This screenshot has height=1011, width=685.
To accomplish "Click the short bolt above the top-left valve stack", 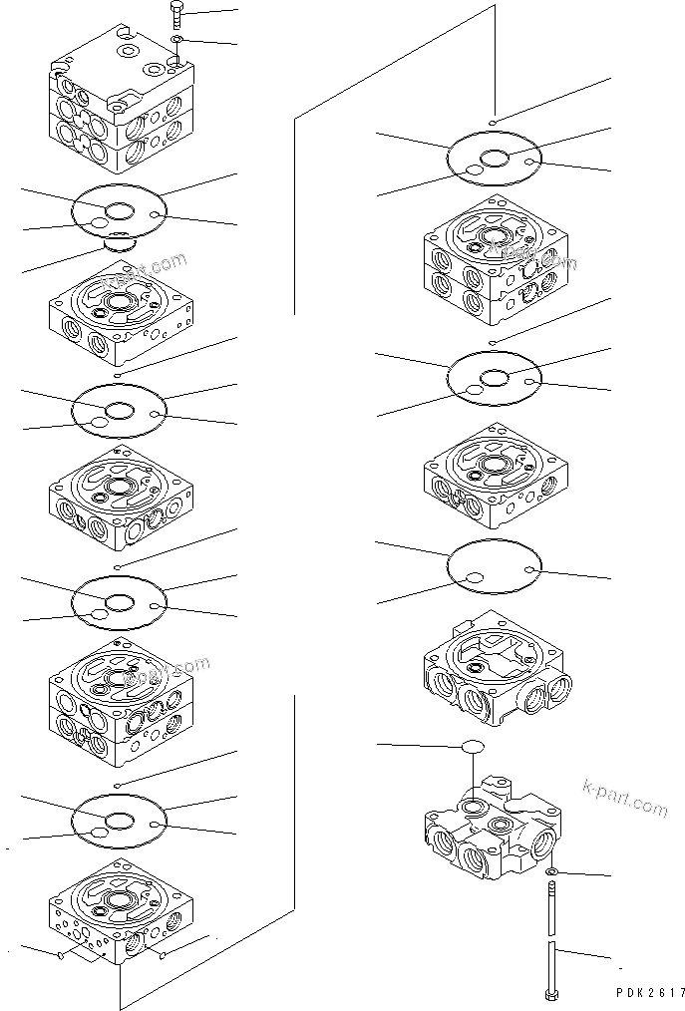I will [x=175, y=13].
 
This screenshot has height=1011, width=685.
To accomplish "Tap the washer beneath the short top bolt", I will [x=175, y=40].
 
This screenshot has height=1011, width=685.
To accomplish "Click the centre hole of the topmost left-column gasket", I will [x=121, y=210].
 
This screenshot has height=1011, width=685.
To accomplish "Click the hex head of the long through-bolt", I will [x=549, y=996].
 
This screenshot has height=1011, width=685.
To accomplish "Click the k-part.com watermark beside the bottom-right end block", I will [x=624, y=798].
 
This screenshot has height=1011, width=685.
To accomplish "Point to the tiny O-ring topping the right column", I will [x=495, y=122].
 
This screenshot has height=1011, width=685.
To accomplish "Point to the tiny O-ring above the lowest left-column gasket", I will [x=119, y=786].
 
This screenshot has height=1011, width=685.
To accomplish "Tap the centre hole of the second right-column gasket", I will [x=495, y=377].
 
